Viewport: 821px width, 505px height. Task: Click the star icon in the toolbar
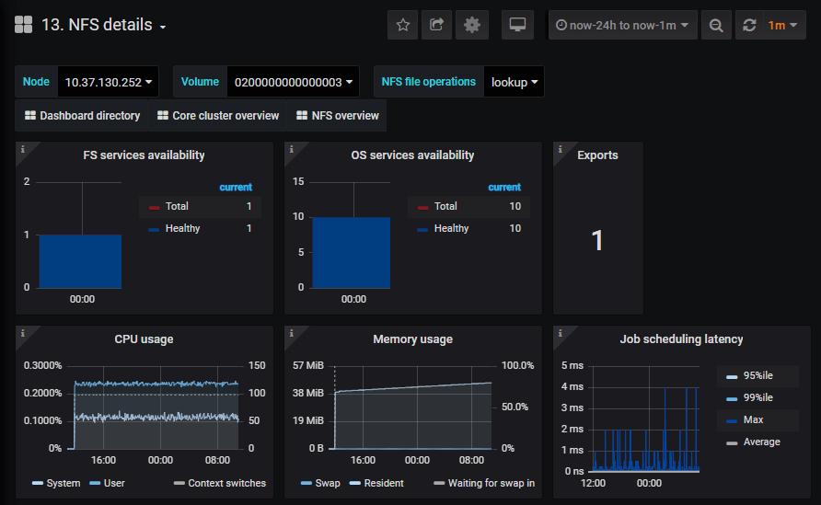(402, 25)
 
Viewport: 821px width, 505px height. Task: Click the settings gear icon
(472, 25)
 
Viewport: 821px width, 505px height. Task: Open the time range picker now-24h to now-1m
(623, 25)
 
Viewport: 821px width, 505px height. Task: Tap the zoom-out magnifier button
(715, 25)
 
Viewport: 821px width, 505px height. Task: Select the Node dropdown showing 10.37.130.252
(108, 82)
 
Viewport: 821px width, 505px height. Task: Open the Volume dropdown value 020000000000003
(294, 82)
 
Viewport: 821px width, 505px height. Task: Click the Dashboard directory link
(82, 116)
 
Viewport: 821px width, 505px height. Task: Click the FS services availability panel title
(144, 155)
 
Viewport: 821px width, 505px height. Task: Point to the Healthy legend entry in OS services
(451, 228)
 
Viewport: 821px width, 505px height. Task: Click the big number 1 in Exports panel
(597, 241)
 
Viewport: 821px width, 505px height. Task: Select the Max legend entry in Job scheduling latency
(753, 419)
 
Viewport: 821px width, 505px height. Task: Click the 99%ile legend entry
(757, 397)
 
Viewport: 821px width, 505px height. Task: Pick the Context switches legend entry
(225, 483)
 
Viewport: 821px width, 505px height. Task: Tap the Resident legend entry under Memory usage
(383, 483)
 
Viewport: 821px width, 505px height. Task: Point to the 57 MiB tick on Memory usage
(308, 365)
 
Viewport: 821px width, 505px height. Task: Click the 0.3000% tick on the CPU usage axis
(41, 365)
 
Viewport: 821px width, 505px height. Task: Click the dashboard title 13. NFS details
(97, 25)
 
